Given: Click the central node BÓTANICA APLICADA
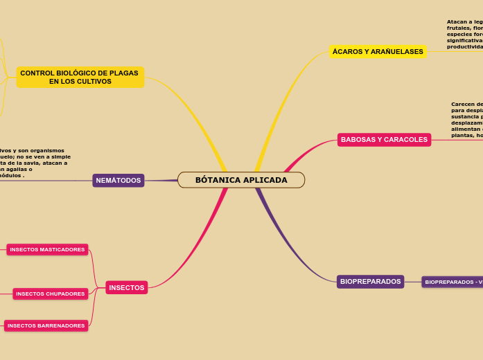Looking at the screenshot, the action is (x=241, y=180).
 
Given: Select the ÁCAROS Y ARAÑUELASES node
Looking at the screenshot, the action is (x=378, y=52).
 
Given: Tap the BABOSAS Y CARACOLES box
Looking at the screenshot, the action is (x=384, y=140).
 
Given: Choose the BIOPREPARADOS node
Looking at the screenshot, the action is (x=370, y=282).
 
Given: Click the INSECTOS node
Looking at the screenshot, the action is (x=127, y=287).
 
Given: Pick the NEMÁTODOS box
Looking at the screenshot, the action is (x=118, y=181).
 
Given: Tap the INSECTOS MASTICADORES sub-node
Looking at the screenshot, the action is (x=47, y=249).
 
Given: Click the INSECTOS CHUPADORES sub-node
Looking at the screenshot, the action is (x=51, y=294).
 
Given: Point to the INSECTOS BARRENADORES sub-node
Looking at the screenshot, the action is (x=46, y=325).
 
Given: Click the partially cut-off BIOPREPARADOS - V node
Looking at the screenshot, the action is (x=453, y=282).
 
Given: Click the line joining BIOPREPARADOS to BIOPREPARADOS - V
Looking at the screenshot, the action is (x=413, y=282).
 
